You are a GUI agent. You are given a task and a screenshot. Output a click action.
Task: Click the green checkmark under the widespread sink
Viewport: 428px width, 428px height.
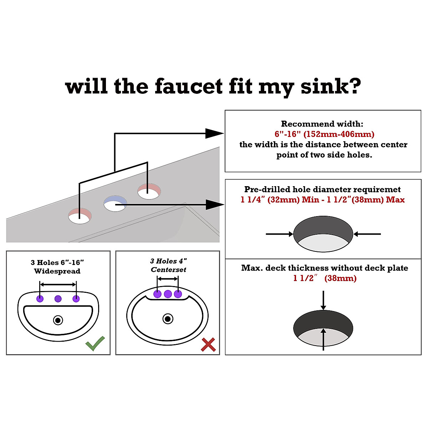95,343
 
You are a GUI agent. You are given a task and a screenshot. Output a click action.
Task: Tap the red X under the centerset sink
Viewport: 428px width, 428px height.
208,345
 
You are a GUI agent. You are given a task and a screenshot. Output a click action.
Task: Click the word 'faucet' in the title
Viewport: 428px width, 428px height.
189,87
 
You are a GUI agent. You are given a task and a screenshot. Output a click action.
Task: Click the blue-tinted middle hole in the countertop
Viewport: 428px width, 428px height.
115,203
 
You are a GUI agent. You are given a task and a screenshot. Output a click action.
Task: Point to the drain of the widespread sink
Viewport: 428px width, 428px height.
58,320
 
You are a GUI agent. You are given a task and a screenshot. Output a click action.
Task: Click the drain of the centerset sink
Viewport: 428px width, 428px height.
168,319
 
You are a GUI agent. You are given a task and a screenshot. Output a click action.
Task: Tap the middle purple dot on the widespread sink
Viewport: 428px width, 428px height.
58,299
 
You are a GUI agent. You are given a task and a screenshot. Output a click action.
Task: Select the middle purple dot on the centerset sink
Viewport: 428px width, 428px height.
168,294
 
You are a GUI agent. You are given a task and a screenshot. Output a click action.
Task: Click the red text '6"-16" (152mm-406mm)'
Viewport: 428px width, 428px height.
324,134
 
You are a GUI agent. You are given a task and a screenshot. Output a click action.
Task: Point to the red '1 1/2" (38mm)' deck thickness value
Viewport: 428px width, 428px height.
325,278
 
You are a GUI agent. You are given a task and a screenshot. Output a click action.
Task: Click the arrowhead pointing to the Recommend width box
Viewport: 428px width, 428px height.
215,133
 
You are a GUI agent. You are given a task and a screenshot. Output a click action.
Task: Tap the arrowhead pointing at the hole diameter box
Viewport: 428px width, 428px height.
215,205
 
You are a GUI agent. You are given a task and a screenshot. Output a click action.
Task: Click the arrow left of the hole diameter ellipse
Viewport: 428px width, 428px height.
279,234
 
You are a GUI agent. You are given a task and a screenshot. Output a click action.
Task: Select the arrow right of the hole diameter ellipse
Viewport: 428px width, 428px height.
367,234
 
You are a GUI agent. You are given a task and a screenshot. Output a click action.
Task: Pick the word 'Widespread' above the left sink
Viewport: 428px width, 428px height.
57,271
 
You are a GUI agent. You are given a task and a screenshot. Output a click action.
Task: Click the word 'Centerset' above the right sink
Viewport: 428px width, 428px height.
168,270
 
